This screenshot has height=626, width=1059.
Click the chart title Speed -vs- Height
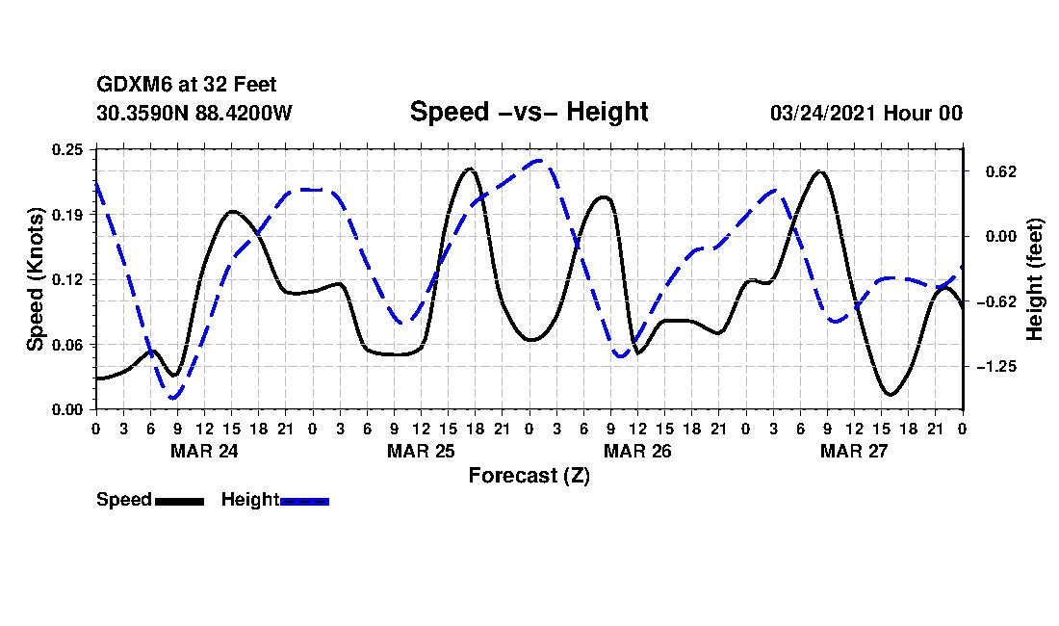[x=529, y=112]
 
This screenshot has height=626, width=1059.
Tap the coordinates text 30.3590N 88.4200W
[x=194, y=113]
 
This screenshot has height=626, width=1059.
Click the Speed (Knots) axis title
[x=35, y=278]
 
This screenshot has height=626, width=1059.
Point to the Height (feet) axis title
[x=1035, y=279]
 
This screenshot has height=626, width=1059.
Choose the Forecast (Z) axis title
[x=529, y=476]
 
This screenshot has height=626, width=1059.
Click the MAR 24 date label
[x=204, y=451]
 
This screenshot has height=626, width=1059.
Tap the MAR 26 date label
[x=637, y=451]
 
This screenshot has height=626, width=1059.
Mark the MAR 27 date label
[x=854, y=451]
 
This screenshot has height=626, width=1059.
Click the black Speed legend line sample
[x=179, y=501]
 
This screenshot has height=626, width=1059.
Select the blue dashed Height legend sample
[x=304, y=501]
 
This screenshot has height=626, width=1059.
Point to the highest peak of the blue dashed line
[x=539, y=161]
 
